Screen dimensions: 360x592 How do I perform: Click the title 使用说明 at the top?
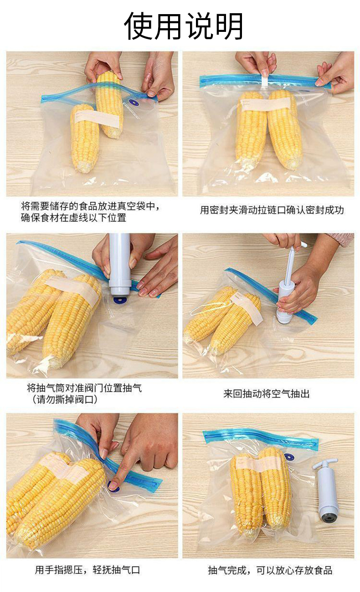point(183,26)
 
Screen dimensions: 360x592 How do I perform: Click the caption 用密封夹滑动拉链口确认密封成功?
point(272,210)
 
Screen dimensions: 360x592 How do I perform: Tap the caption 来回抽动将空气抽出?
point(267,394)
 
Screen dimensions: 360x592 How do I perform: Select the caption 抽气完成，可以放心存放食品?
point(270,570)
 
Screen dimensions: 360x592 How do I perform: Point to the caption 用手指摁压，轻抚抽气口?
point(87,570)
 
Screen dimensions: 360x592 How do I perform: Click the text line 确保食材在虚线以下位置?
point(73,218)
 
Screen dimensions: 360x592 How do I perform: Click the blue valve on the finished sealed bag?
point(289,457)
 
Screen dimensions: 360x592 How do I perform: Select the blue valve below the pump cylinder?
point(119,300)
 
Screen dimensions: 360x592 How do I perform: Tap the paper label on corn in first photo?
point(97,118)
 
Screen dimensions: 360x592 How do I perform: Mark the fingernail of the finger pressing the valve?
point(113,484)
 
